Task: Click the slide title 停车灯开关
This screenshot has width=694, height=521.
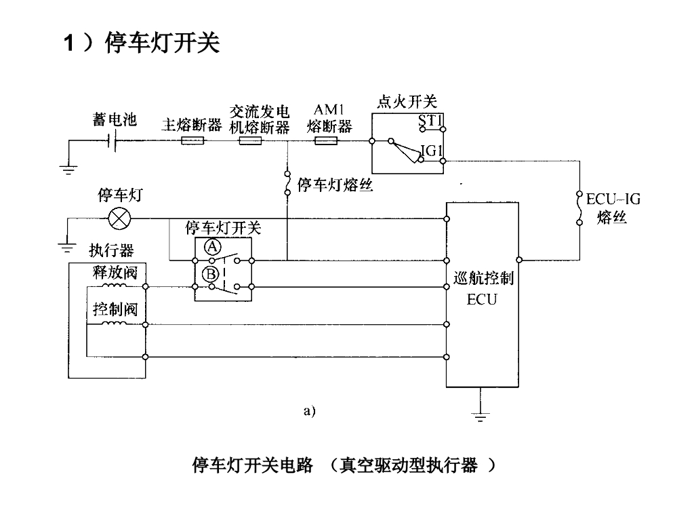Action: tap(163, 43)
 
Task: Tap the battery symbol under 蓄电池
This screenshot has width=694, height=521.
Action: tap(113, 142)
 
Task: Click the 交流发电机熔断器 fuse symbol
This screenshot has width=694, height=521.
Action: tap(250, 142)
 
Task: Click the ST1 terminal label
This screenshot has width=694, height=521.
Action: tap(430, 121)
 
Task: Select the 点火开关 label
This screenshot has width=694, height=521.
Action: tap(407, 102)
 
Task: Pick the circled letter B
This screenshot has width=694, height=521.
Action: tap(211, 274)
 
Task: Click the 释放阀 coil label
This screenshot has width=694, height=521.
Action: tap(115, 273)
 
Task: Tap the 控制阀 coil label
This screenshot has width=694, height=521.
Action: tap(115, 310)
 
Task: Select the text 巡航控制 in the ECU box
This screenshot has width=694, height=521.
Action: tap(483, 279)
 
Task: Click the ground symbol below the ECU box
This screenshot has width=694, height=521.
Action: tap(481, 413)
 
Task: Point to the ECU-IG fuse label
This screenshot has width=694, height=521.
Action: tap(613, 199)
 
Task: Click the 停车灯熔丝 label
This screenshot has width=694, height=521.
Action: tap(335, 185)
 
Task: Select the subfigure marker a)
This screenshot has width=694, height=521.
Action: tap(310, 410)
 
